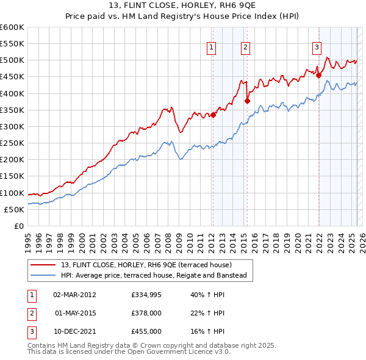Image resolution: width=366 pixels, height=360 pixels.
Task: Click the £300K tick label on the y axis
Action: click(x=12, y=126)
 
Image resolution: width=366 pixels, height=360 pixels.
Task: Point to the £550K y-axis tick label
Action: click(x=12, y=44)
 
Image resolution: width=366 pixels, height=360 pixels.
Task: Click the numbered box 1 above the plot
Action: click(x=211, y=47)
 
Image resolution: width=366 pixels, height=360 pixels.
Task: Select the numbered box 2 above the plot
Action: click(x=245, y=47)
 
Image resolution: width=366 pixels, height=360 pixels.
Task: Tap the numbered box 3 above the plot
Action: click(x=317, y=47)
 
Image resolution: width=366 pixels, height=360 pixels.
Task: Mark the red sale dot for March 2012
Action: click(x=213, y=115)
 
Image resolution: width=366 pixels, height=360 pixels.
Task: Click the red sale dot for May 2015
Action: click(x=247, y=101)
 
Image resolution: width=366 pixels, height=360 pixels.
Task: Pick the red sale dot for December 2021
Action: click(x=318, y=75)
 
